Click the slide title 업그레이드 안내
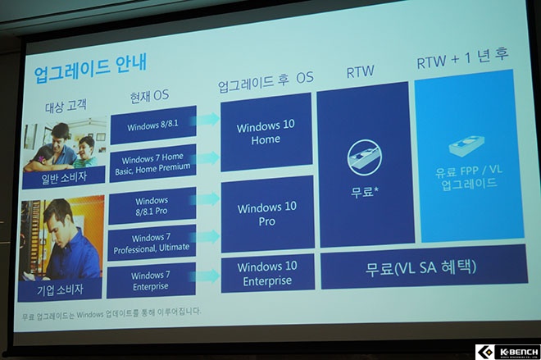[x=90, y=68]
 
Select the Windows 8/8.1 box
[x=153, y=125]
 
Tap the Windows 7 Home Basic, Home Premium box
[x=152, y=163]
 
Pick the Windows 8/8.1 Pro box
[x=152, y=206]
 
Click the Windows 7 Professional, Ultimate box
[x=152, y=243]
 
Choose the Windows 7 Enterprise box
[x=151, y=280]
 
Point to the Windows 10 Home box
[x=266, y=132]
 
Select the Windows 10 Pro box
[x=267, y=214]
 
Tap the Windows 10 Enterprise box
[x=268, y=273]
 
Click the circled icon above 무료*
[x=364, y=157]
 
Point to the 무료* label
[x=364, y=191]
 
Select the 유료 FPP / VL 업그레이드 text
[x=469, y=177]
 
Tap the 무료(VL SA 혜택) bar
[x=425, y=267]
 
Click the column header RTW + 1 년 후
[x=462, y=58]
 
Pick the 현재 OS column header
[x=149, y=96]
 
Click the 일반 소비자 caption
[x=64, y=178]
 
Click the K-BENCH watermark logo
[x=508, y=352]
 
